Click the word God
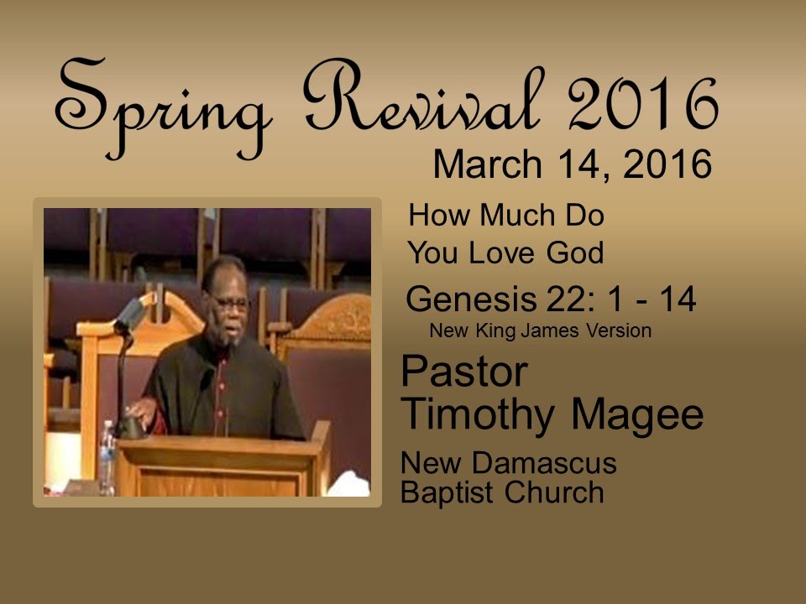pos(574,253)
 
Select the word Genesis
pos(471,299)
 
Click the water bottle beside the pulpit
pos(107,457)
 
